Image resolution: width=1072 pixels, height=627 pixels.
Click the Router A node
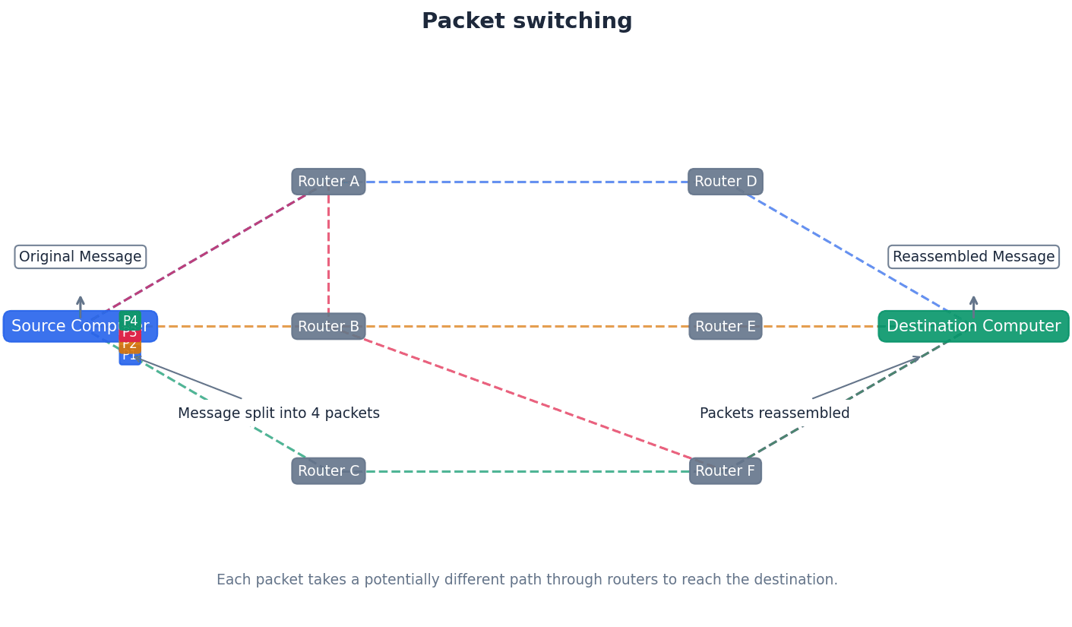(x=328, y=182)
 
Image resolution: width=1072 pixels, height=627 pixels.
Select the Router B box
(x=328, y=326)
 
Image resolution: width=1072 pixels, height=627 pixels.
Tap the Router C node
(x=328, y=471)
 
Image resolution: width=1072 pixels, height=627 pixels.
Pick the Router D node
(x=726, y=182)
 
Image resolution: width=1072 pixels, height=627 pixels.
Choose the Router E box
(x=726, y=326)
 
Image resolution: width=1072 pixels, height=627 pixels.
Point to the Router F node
(x=726, y=471)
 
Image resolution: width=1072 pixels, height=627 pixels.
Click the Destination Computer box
(x=973, y=326)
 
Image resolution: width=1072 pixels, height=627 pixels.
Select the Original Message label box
(x=81, y=257)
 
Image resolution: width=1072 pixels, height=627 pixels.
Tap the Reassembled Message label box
(x=973, y=257)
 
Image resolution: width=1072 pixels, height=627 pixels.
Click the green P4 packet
(x=130, y=320)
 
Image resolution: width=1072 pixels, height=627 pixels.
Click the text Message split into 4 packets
(x=279, y=413)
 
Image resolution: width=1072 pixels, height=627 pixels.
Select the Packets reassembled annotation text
(x=774, y=413)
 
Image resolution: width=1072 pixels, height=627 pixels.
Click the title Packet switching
(x=527, y=21)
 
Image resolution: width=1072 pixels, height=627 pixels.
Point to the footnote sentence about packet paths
(x=527, y=580)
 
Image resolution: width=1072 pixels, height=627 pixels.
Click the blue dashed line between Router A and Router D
(x=527, y=182)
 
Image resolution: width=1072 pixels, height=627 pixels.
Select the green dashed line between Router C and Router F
(x=527, y=471)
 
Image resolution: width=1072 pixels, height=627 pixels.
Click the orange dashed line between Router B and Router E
(x=527, y=326)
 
